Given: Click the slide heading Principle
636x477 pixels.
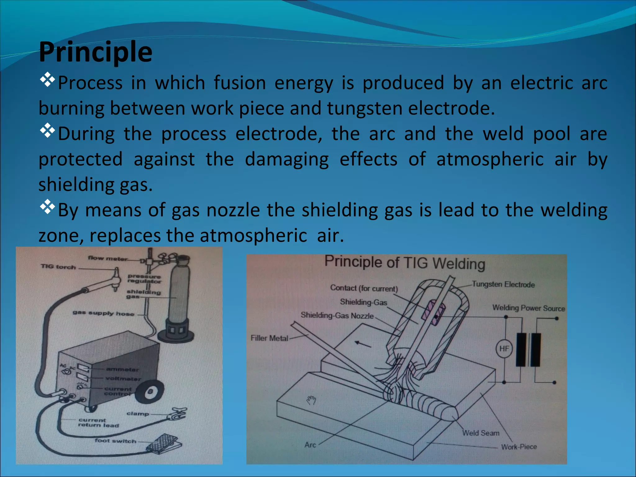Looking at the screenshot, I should (x=96, y=52).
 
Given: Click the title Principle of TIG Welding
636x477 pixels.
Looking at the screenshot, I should (x=405, y=263).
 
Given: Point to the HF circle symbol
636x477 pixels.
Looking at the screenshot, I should (x=504, y=348).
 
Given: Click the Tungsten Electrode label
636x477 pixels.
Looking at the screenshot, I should (x=503, y=284).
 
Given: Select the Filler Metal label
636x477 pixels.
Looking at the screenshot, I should (x=269, y=338).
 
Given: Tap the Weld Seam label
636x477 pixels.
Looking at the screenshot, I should (x=481, y=433).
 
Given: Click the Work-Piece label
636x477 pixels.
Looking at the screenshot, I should (x=519, y=447).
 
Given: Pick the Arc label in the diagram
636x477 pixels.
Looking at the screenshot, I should (x=310, y=445).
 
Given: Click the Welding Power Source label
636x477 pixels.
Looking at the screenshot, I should (x=529, y=308).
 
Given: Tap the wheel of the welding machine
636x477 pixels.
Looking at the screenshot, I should (x=150, y=392).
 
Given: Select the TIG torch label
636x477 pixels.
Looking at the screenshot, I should (x=58, y=267).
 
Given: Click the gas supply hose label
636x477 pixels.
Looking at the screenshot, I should (x=103, y=313).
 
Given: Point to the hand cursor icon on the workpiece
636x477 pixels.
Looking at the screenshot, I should (x=311, y=400).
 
